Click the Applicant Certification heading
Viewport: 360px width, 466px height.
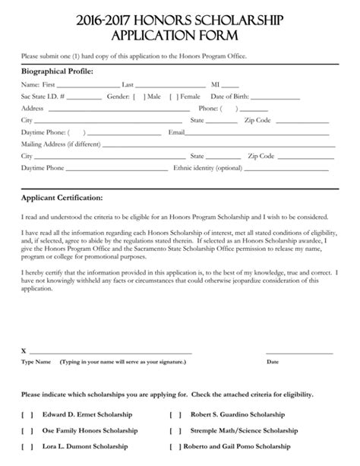(62, 199)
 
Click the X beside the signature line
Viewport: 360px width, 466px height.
(24, 351)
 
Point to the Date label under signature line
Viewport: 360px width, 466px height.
(273, 362)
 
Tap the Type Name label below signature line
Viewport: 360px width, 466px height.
(36, 362)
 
